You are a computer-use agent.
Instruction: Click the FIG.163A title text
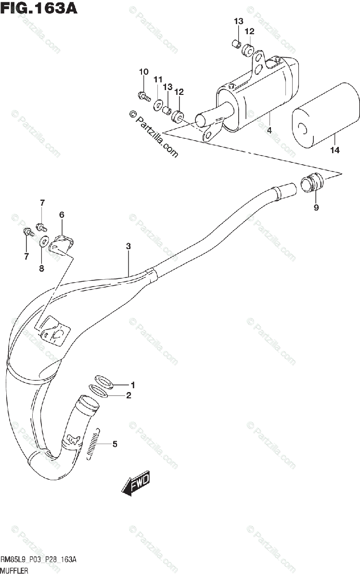pos(39,8)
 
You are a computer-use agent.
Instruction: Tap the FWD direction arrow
pos(136,483)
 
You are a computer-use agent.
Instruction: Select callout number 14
pos(334,150)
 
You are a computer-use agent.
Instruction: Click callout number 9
pos(316,208)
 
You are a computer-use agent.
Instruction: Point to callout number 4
pos(270,130)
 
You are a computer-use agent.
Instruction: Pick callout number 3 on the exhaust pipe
pos(129,246)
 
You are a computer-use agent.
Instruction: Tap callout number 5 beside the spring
pos(115,444)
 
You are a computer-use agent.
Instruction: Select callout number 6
pos(62,214)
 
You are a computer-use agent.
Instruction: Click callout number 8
pos(41,268)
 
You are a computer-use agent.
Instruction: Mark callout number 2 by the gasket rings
pos(129,396)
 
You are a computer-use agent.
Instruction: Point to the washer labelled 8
pos(43,241)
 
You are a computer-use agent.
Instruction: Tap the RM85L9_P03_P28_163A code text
pos(39,559)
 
